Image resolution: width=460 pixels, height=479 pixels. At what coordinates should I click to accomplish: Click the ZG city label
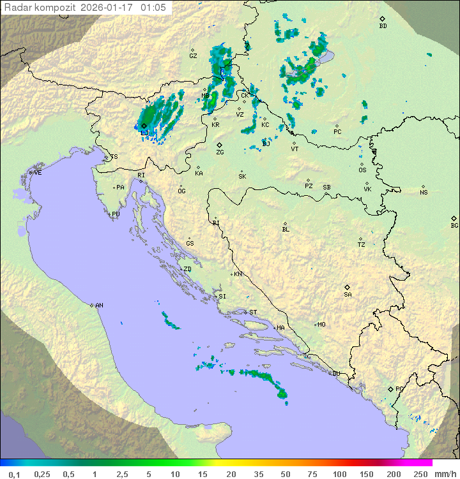click(x=220, y=152)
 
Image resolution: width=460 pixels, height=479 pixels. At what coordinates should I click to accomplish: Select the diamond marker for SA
click(x=348, y=287)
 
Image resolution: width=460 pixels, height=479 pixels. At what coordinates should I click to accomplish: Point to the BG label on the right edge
click(x=454, y=226)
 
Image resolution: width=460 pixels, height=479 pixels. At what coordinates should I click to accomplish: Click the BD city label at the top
click(x=383, y=26)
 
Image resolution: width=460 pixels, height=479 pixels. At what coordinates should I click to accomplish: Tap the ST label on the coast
click(x=253, y=313)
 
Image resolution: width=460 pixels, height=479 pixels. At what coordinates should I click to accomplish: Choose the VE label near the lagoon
click(x=38, y=173)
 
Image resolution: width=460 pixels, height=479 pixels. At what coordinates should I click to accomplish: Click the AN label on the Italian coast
click(x=99, y=306)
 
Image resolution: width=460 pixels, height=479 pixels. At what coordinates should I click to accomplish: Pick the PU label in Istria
click(x=116, y=214)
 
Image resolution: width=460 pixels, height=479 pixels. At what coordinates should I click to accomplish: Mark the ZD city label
click(x=187, y=269)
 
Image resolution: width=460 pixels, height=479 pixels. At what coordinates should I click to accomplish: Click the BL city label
click(x=286, y=230)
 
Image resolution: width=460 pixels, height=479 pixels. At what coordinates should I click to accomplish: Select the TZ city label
click(x=362, y=245)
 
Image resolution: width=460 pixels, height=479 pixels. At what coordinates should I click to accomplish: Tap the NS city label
click(x=424, y=193)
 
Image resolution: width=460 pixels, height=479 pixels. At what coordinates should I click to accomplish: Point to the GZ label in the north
click(x=193, y=56)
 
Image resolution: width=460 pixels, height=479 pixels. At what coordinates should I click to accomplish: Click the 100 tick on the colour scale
click(x=339, y=474)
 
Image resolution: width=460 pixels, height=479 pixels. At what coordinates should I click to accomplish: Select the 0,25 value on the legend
click(x=42, y=474)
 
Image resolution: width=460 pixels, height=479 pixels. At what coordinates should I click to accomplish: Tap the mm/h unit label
click(x=444, y=474)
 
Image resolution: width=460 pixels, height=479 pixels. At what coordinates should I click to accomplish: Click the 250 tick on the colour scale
click(x=420, y=474)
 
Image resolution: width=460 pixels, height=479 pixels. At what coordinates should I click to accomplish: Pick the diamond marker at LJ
click(x=144, y=126)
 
